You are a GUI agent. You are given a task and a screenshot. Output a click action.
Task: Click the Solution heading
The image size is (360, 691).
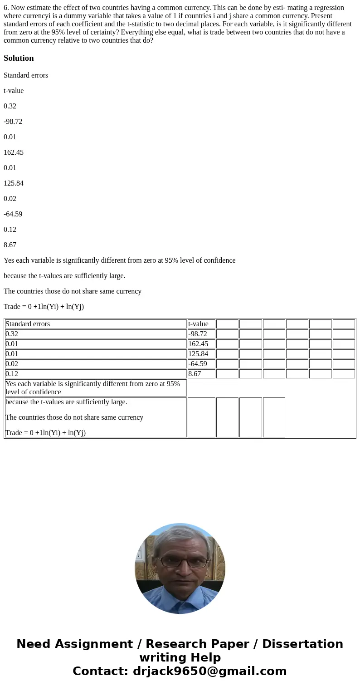coord(19,58)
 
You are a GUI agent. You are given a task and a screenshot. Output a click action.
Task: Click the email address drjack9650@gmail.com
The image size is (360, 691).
coord(209,671)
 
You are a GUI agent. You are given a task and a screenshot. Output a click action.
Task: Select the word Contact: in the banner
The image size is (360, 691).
coord(100,671)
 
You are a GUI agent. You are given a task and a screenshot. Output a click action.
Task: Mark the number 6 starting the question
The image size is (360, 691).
coord(5,8)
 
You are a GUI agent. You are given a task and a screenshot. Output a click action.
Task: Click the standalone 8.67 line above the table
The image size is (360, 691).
coord(10,245)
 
